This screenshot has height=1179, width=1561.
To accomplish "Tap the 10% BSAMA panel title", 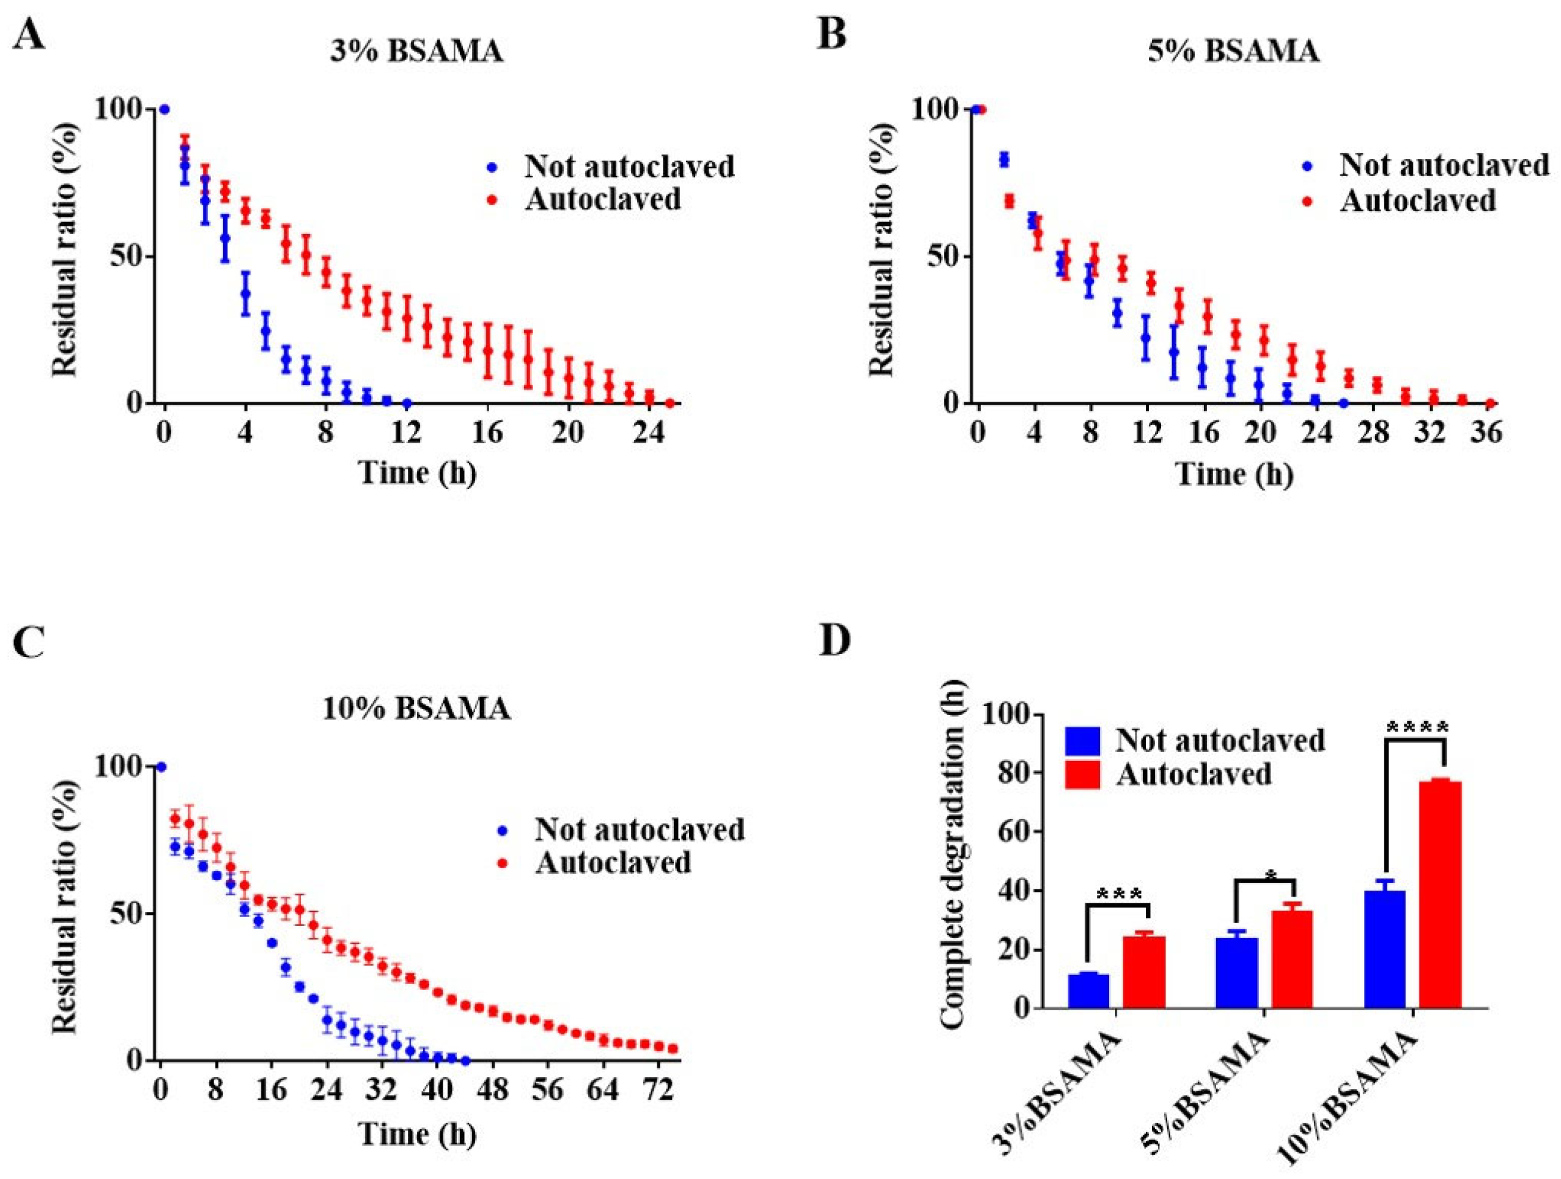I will (x=416, y=708).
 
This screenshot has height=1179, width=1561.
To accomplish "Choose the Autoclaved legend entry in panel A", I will (x=603, y=200).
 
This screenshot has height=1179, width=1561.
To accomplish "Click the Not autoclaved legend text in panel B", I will (x=1444, y=165).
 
